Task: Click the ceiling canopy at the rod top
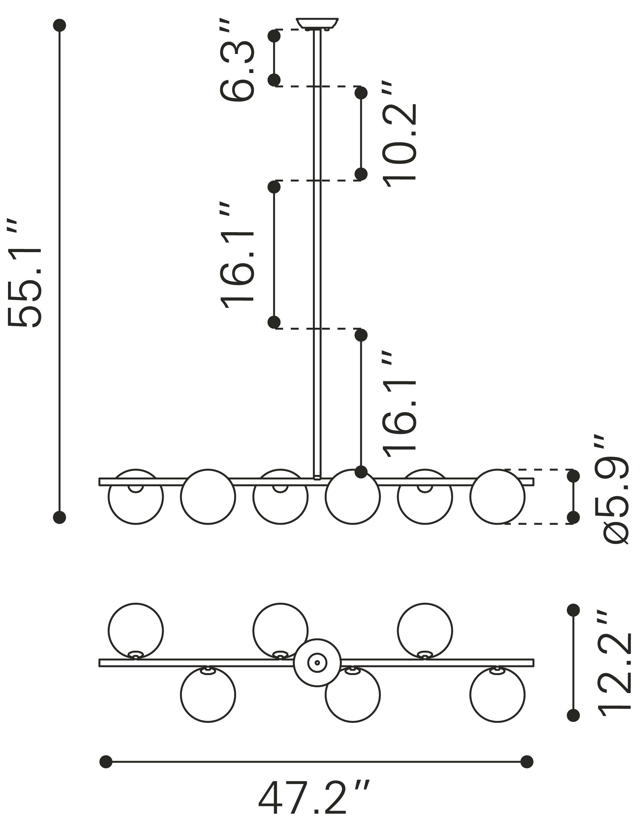tap(317, 23)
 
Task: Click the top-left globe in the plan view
tap(135, 630)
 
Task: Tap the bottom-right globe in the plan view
tap(497, 695)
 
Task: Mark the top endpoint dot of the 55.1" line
tap(60, 25)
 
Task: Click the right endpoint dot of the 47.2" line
tap(526, 762)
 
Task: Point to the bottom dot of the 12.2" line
tap(573, 715)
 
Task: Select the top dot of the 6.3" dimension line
tap(274, 36)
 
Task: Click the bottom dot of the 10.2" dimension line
tap(361, 174)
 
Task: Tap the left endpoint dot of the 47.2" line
tap(106, 762)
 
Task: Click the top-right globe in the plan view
tap(425, 630)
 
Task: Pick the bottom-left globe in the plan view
tap(208, 695)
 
